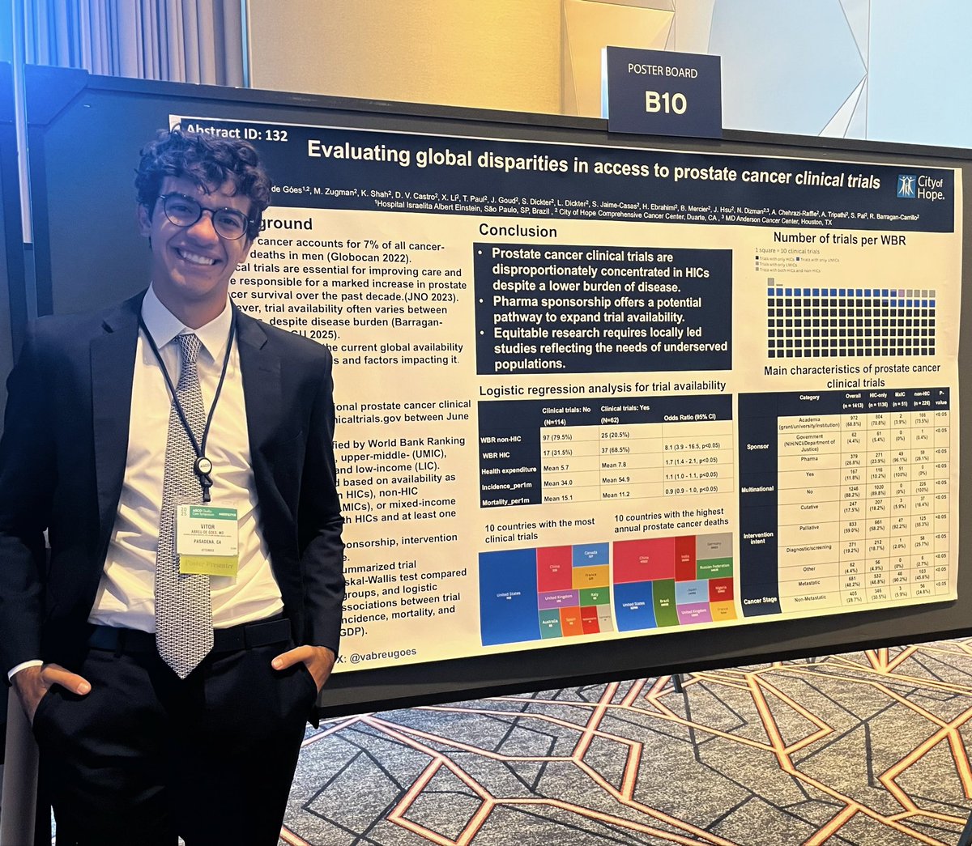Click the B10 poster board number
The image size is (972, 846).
[665, 103]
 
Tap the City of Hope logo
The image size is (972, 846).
[921, 187]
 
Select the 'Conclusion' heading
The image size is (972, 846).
[518, 231]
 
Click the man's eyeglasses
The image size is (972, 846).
[204, 215]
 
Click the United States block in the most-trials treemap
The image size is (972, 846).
[508, 596]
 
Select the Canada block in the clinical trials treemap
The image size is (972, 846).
[590, 554]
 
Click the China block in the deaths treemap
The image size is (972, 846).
[643, 559]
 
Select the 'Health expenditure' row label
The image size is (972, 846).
[508, 470]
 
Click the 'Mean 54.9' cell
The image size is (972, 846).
[620, 480]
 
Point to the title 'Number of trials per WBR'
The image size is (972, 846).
[840, 238]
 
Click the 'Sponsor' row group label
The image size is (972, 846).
[758, 446]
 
